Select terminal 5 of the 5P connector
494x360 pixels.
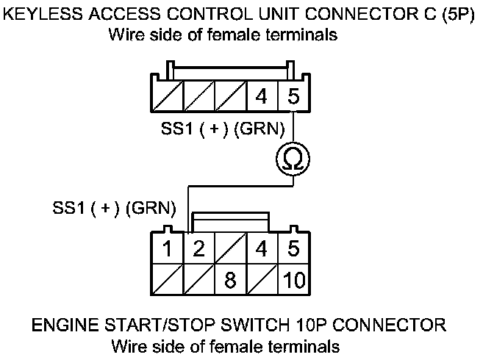[293, 96]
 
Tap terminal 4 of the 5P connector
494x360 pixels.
[261, 96]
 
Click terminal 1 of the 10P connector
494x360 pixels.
[168, 248]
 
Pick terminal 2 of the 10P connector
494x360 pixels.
[198, 248]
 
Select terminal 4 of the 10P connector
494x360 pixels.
[261, 248]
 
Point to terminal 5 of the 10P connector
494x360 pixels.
[293, 248]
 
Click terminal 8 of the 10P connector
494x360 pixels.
[229, 279]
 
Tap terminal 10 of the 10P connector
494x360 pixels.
[293, 279]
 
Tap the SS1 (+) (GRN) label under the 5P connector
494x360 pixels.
[222, 129]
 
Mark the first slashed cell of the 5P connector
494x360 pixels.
[165, 96]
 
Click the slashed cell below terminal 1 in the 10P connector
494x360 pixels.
[168, 279]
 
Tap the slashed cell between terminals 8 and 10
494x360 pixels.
[261, 279]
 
